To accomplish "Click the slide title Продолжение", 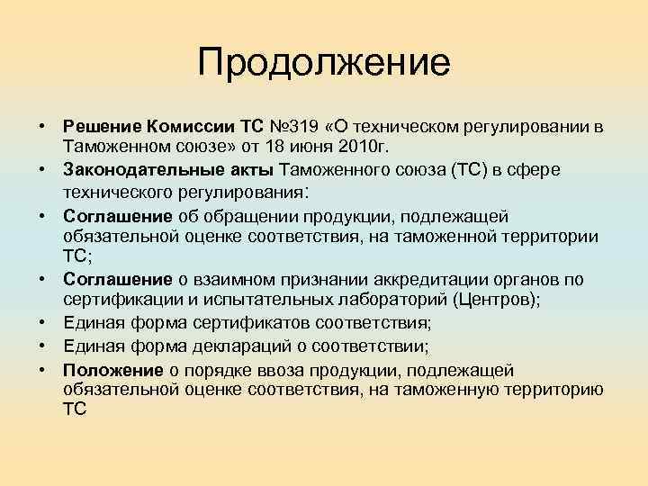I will pos(323,63).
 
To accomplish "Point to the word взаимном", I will pos(229,279).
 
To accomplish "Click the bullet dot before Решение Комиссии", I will pos(42,126).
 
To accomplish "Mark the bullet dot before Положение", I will pos(42,370).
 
